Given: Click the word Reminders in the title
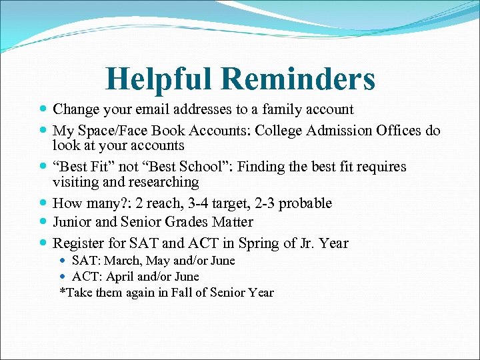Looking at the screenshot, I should (298, 79).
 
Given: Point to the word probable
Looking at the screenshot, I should (303, 203).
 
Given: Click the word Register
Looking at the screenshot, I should (79, 243).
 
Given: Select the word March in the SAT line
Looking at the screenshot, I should (121, 261).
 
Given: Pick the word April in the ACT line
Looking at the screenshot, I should (117, 276).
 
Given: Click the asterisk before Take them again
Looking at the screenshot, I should (63, 291).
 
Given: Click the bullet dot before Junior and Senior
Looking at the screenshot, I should (43, 222).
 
